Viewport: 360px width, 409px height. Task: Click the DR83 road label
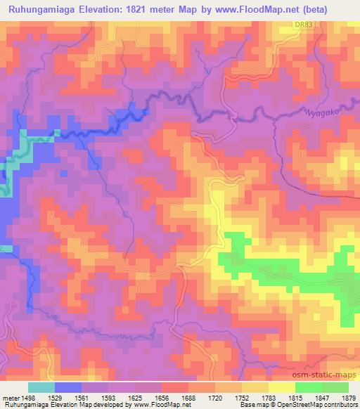tap(303, 25)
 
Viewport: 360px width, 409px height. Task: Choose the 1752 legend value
tap(230, 397)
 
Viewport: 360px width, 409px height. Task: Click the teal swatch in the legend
tap(41, 387)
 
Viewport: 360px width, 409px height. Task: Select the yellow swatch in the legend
tap(282, 387)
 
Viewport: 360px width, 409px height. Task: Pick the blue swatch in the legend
tap(68, 387)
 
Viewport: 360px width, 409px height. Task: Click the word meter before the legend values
tap(9, 397)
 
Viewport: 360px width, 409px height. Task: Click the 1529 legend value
tap(53, 397)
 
